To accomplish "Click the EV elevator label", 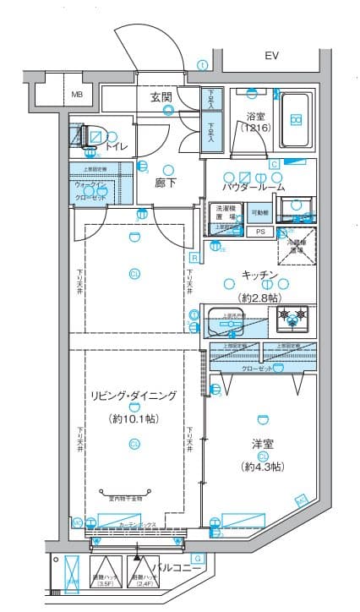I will pyautogui.click(x=271, y=57).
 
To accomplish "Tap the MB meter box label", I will pyautogui.click(x=77, y=95).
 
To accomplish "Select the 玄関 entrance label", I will pyautogui.click(x=161, y=98).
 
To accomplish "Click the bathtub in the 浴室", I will pyautogui.click(x=295, y=118).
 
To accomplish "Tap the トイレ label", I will pyautogui.click(x=117, y=147).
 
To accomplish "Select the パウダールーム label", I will pyautogui.click(x=253, y=187).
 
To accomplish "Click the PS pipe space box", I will pyautogui.click(x=260, y=231).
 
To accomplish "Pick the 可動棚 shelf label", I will pyautogui.click(x=260, y=213).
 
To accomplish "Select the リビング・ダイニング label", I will pyautogui.click(x=134, y=396).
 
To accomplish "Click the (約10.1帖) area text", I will pyautogui.click(x=133, y=418).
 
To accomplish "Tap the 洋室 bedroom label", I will pyautogui.click(x=261, y=445).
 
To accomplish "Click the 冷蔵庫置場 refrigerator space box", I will pyautogui.click(x=293, y=243).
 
